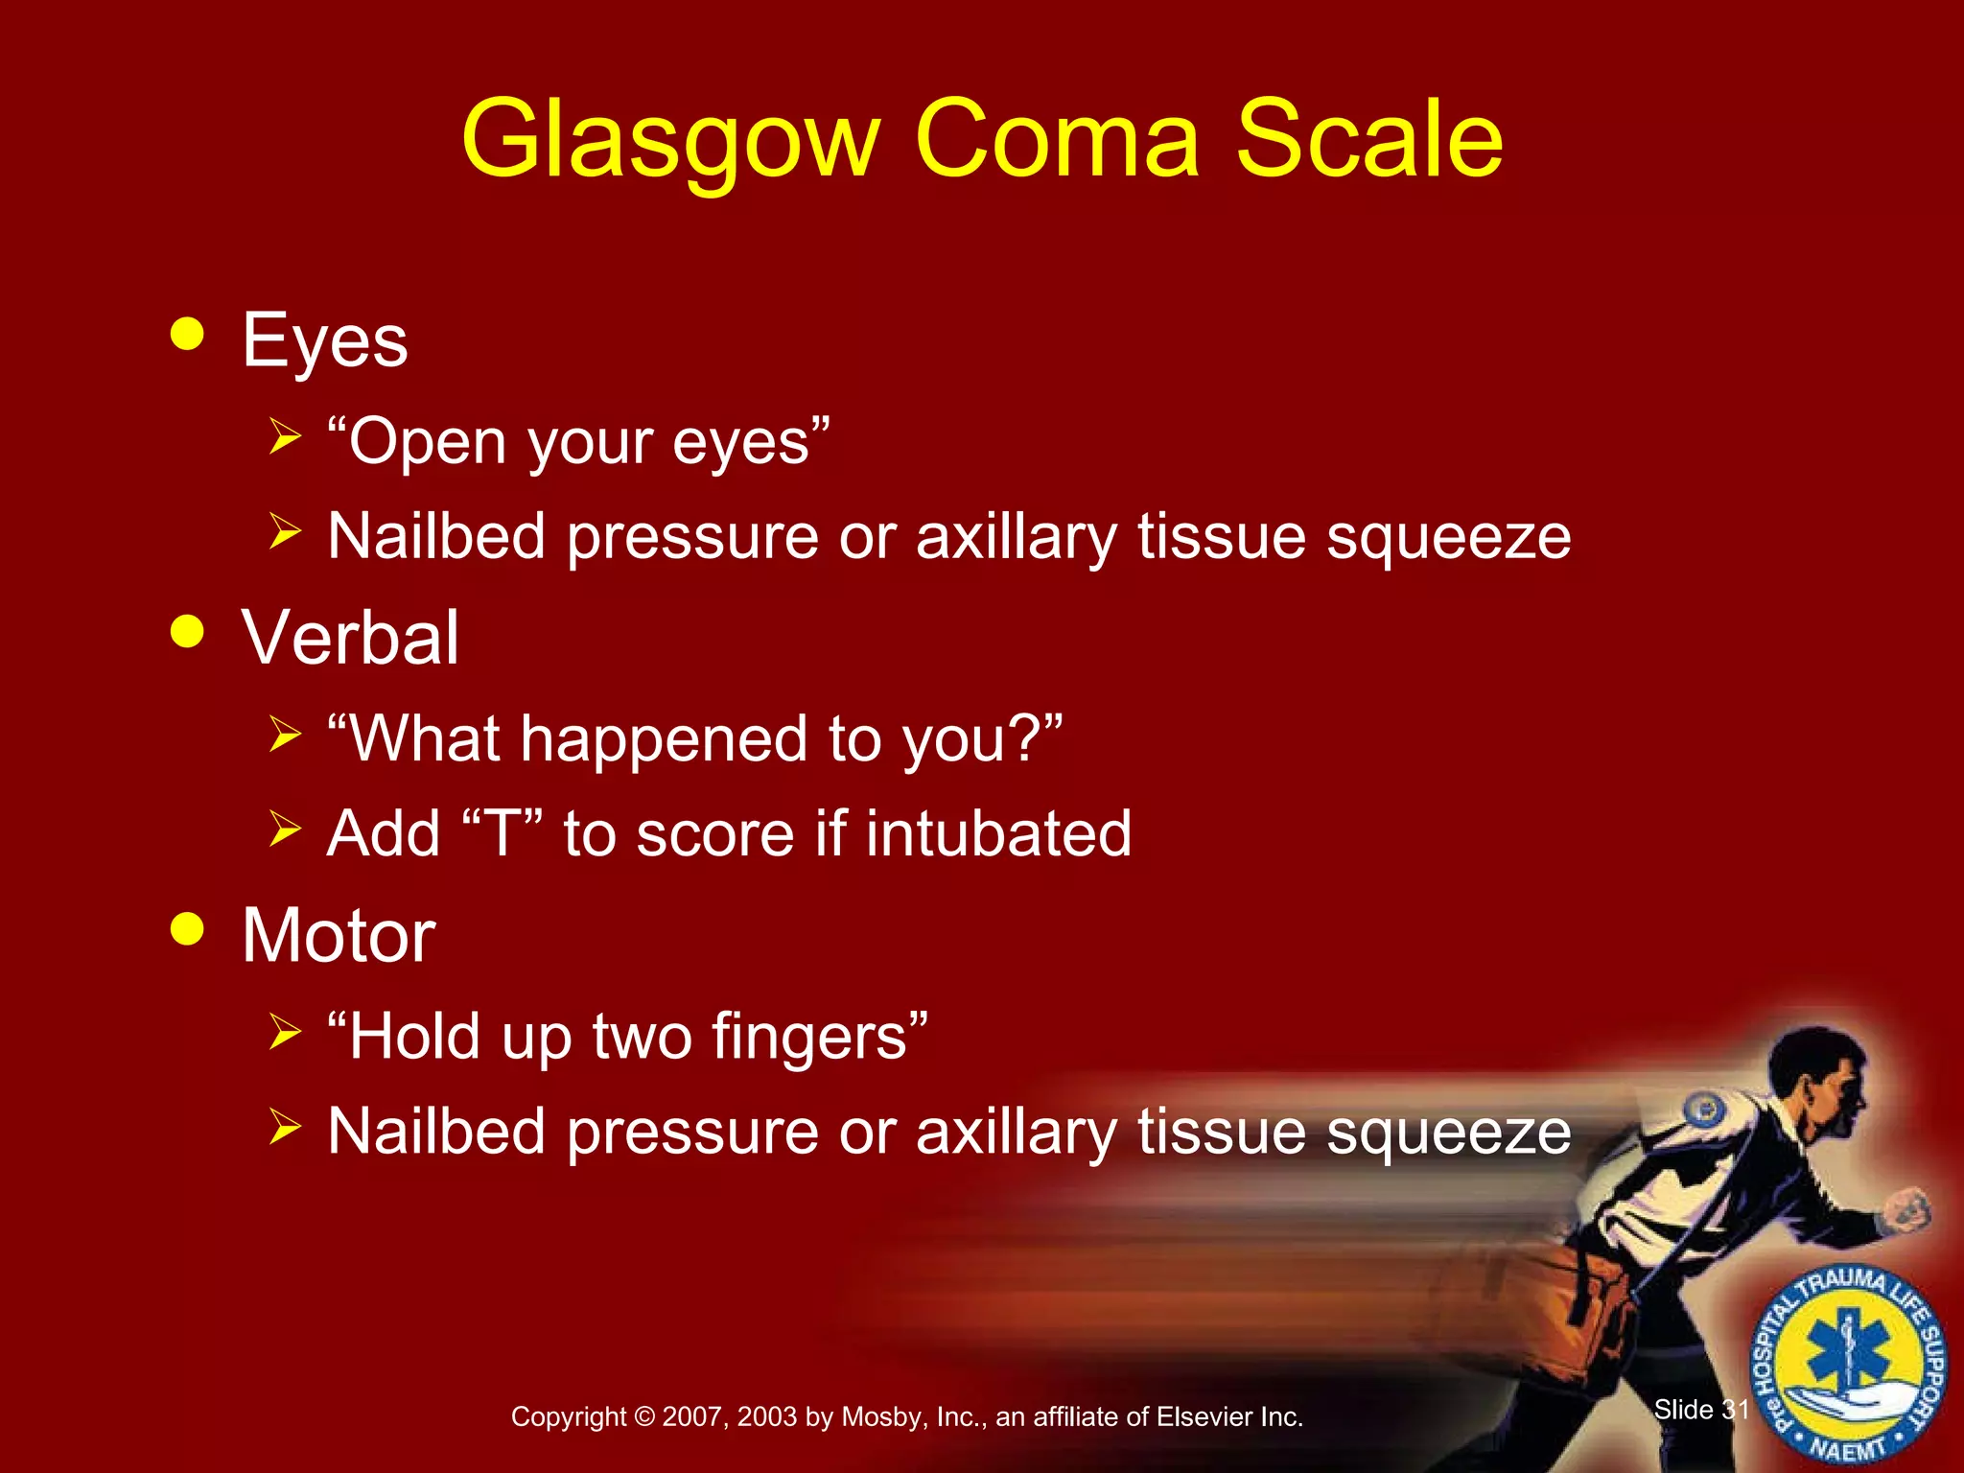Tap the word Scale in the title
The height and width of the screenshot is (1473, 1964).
click(1368, 140)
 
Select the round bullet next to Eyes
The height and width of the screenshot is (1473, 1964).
click(187, 334)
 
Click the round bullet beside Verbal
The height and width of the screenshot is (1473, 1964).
click(187, 632)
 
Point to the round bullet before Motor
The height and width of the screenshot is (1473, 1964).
click(187, 928)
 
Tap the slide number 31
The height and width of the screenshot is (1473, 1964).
click(1735, 1410)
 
